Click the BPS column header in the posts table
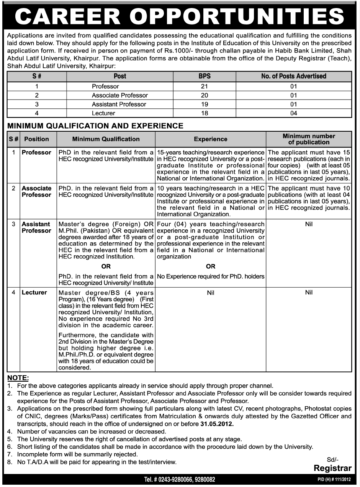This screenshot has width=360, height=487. tap(205, 76)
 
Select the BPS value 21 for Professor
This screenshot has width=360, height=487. tap(205, 87)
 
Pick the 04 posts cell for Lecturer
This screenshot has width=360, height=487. tap(293, 113)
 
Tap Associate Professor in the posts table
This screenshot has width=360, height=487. tap(119, 95)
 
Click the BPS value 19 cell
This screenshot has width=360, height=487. tap(205, 104)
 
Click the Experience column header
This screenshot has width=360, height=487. tap(210, 139)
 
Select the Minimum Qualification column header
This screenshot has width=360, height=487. tap(106, 139)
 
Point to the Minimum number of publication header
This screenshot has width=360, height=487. tap(309, 139)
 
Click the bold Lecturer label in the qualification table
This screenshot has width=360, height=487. tap(34, 293)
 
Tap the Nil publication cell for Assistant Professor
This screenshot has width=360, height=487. tap(309, 224)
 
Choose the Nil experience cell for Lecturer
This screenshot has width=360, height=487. tap(210, 293)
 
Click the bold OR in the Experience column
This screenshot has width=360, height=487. tap(210, 266)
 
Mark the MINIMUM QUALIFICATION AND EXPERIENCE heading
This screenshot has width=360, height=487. tap(95, 126)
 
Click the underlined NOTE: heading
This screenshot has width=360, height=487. tap(18, 378)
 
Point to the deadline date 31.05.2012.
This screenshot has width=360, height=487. tap(216, 424)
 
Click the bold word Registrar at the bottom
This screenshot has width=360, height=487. tap(332, 468)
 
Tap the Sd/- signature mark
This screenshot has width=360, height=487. tap(333, 460)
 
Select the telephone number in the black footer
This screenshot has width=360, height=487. tap(179, 480)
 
